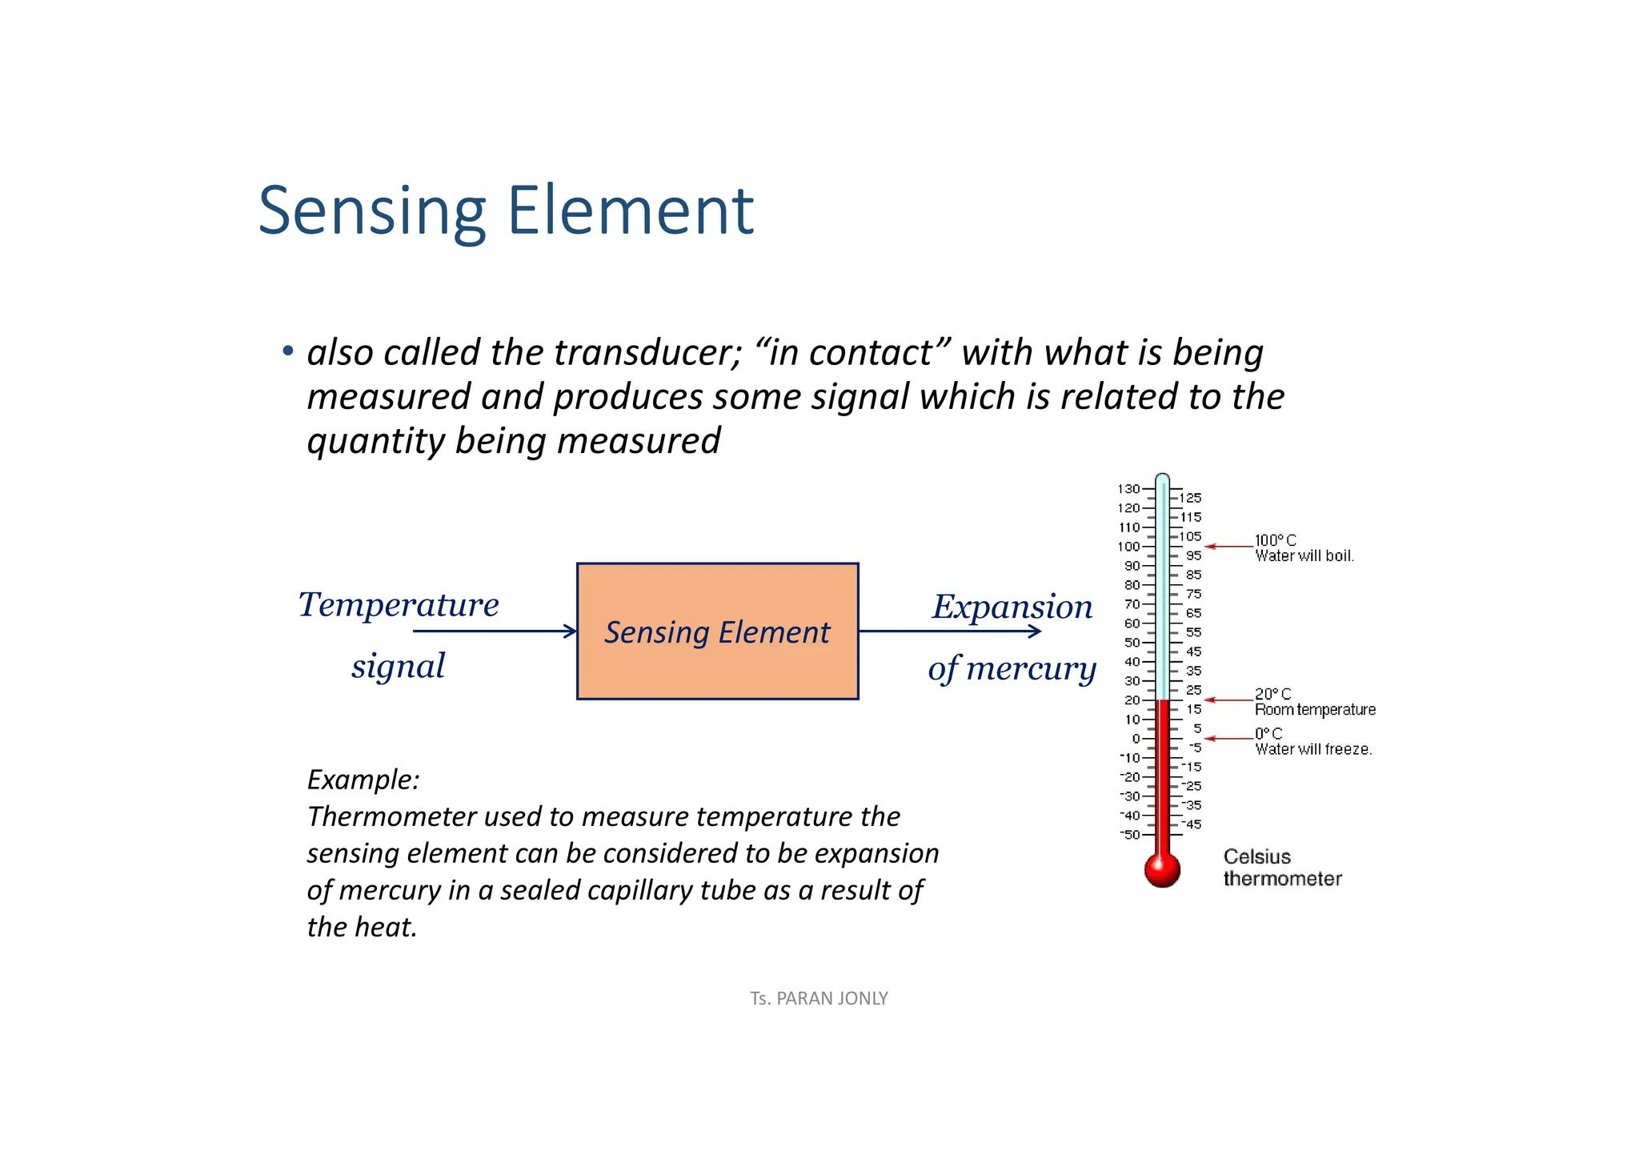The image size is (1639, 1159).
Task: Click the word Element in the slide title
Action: point(631,211)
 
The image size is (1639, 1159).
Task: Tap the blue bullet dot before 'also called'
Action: point(288,351)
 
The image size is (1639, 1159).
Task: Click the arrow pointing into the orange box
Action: point(495,632)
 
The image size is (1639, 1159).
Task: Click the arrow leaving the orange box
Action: point(950,632)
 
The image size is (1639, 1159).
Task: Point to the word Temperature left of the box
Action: point(399,604)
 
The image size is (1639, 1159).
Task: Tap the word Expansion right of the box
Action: point(1012,607)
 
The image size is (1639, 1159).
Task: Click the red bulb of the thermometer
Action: point(1162,869)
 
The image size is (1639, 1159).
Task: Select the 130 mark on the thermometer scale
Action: point(1128,489)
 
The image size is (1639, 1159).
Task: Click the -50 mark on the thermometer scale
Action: point(1130,835)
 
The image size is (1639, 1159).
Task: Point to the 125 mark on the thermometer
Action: point(1190,498)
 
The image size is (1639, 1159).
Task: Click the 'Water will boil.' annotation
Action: point(1304,555)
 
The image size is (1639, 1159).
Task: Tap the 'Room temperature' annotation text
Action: point(1315,709)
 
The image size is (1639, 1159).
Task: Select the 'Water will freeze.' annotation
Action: point(1313,749)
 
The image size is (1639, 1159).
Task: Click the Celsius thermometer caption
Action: point(1282,868)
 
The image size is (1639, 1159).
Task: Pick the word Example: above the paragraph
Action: point(363,780)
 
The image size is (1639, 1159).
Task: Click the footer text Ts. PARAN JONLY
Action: point(819,998)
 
